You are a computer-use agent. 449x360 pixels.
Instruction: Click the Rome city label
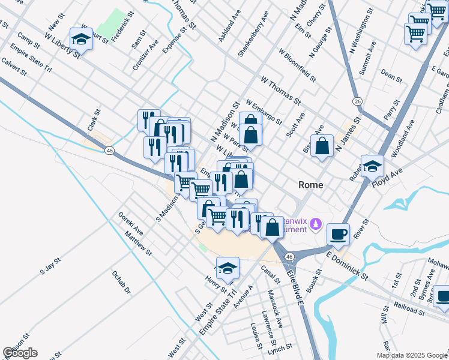click(312, 185)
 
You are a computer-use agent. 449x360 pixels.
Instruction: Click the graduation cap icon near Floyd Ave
click(372, 165)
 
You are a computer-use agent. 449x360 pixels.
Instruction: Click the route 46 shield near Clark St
click(109, 151)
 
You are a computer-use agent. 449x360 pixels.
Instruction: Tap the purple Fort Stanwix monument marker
click(317, 224)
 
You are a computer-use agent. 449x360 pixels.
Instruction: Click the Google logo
click(20, 352)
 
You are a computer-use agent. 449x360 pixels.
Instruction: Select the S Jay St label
click(51, 265)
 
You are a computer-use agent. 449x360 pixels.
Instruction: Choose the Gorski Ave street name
click(130, 223)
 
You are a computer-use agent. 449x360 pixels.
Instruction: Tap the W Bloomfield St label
click(297, 65)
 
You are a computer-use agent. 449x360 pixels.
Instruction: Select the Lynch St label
click(280, 347)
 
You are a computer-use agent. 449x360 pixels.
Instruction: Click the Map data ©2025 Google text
click(412, 355)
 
